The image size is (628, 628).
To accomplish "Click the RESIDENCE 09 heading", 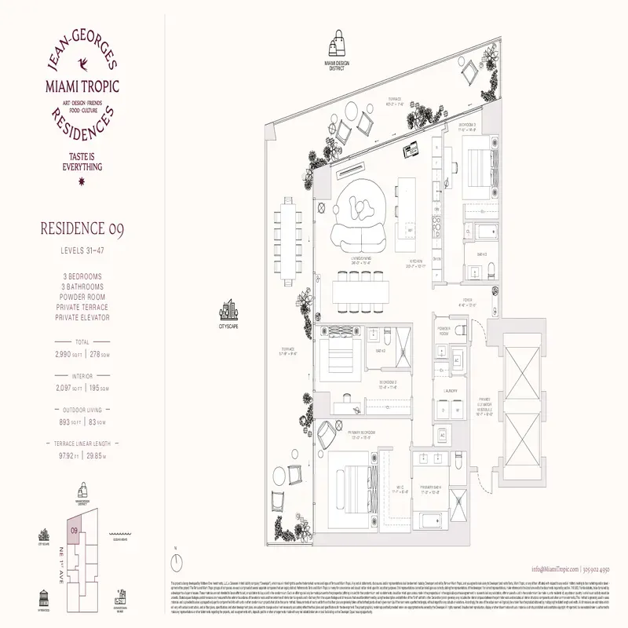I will pos(82,229).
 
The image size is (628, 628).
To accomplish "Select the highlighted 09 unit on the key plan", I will pos(72,531).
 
